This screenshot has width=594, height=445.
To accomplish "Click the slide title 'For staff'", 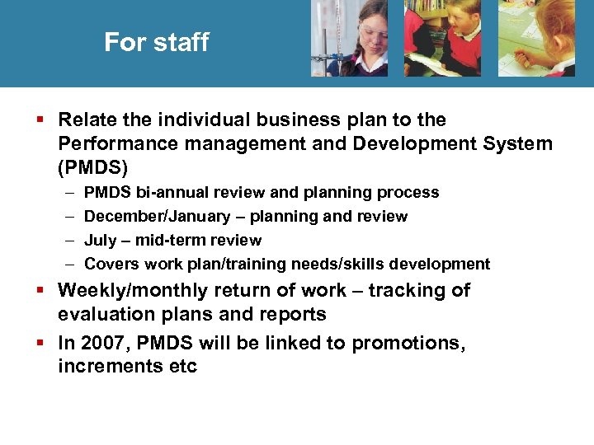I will [x=156, y=42].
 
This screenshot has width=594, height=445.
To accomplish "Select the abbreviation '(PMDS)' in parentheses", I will [x=93, y=168].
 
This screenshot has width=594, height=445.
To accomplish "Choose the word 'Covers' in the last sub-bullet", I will [x=111, y=265].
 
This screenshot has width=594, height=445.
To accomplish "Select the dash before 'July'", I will [x=67, y=241].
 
